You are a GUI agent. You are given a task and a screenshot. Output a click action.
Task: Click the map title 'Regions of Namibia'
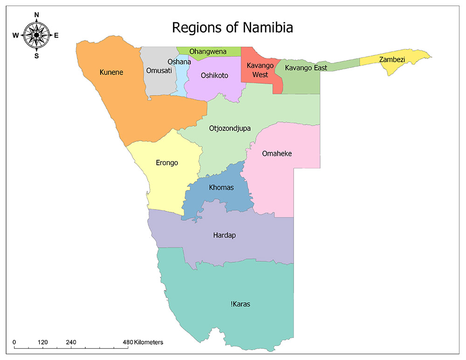[232, 27]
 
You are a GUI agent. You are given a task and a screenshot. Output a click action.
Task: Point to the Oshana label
[179, 61]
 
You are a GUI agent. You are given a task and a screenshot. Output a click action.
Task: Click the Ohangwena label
[208, 51]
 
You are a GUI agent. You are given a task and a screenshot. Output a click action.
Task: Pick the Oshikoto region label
[214, 75]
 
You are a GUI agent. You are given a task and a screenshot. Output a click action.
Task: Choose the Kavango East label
[306, 68]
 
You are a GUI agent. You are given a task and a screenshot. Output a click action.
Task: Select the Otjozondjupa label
[230, 128]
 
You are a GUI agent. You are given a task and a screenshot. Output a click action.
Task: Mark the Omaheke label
[277, 153]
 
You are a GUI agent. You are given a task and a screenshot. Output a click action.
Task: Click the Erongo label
[167, 163]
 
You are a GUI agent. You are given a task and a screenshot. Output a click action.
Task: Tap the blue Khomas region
[221, 188]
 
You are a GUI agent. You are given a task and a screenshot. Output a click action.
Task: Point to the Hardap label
[224, 235]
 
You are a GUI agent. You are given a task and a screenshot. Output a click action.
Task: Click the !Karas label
[240, 304]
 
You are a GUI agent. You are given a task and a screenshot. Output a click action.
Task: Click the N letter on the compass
[37, 14]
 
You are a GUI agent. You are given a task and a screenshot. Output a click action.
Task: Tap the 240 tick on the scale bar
[71, 342]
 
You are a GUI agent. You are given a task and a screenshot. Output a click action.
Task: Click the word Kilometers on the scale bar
[148, 342]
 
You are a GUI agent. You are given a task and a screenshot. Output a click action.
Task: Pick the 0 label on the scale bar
[14, 342]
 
